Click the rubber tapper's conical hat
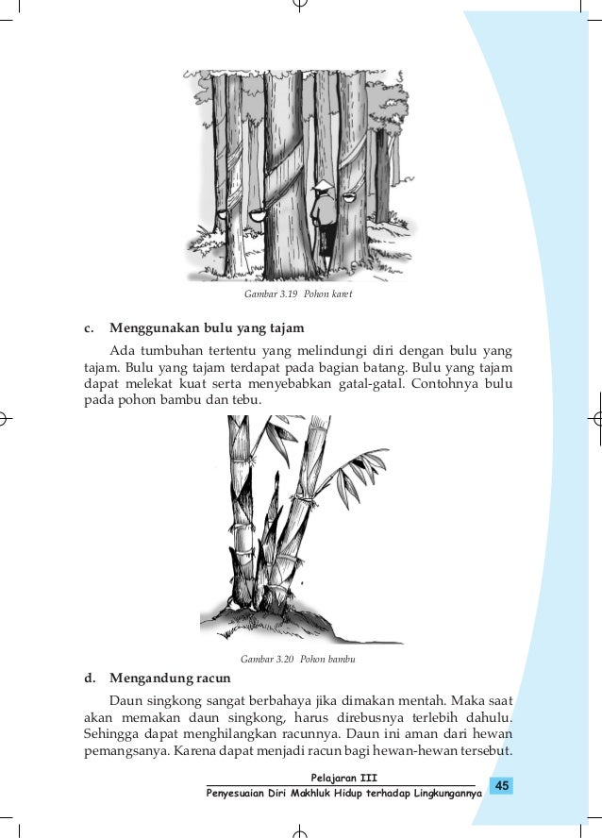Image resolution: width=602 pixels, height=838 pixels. click(x=323, y=185)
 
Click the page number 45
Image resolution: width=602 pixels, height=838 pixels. click(x=502, y=786)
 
